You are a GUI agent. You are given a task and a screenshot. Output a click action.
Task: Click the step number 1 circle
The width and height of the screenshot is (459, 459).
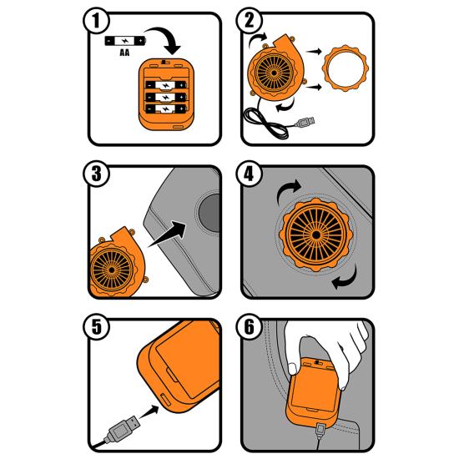coord(96,21)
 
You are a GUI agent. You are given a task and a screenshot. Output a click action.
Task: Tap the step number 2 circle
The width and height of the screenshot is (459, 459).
coord(250,21)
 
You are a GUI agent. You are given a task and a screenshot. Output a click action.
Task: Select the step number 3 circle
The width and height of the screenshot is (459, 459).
coord(96,174)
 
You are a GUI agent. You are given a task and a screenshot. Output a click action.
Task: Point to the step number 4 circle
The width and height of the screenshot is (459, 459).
coord(250,174)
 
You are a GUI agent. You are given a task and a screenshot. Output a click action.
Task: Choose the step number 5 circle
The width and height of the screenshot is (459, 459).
coord(96,326)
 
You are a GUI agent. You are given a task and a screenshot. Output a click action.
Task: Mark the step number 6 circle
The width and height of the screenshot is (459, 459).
coord(250,326)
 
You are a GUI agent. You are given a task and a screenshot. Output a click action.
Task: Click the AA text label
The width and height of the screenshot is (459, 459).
coord(124,53)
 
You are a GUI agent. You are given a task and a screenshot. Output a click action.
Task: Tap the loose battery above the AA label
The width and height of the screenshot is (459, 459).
coord(125,41)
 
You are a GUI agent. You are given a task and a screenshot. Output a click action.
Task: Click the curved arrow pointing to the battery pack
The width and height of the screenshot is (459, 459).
coord(165,39)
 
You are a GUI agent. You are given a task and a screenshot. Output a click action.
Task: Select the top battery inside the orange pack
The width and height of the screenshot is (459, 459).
coord(166,85)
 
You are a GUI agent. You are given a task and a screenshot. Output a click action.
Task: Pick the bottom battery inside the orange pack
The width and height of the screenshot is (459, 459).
coord(166,109)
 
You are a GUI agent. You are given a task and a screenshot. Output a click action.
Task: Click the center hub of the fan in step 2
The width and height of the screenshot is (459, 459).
coord(274,73)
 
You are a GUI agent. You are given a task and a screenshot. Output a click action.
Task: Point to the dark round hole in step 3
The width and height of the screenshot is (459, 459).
coord(209,213)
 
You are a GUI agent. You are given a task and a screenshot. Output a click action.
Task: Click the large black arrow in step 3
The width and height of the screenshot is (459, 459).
coord(168,234)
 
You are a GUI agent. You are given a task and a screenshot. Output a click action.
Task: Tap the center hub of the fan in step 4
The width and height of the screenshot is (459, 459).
coord(316,235)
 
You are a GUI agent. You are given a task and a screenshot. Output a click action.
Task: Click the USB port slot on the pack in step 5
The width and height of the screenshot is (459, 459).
coord(165,399)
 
